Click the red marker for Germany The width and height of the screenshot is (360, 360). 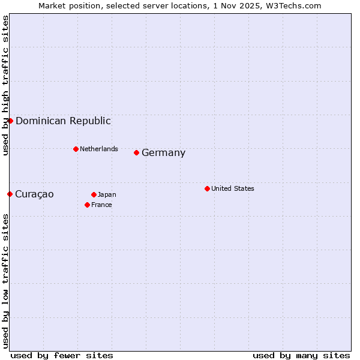pyautogui.click(x=136, y=152)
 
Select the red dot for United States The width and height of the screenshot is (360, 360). pyautogui.click(x=207, y=188)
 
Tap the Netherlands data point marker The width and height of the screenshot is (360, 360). pyautogui.click(x=76, y=149)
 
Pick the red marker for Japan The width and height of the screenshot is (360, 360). pyautogui.click(x=94, y=194)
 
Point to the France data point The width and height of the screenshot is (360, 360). pyautogui.click(x=87, y=205)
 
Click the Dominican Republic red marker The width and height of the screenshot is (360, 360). pyautogui.click(x=10, y=121)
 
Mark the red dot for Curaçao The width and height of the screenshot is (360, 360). pyautogui.click(x=10, y=194)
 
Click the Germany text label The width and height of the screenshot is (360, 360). pyautogui.click(x=163, y=153)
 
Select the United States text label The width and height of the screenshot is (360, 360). pyautogui.click(x=233, y=188)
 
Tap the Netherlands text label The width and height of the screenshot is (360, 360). pyautogui.click(x=99, y=149)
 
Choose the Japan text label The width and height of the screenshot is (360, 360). pyautogui.click(x=107, y=194)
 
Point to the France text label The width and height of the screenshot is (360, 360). pyautogui.click(x=101, y=205)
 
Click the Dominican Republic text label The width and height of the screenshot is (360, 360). pyautogui.click(x=63, y=121)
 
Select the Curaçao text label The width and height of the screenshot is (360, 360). pyautogui.click(x=34, y=194)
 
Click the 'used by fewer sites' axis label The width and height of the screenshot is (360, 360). pyautogui.click(x=62, y=355)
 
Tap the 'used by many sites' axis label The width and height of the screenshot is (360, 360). pyautogui.click(x=301, y=355)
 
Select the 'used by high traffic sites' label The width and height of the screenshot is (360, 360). pyautogui.click(x=5, y=85)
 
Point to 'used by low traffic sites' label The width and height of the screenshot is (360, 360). pyautogui.click(x=5, y=280)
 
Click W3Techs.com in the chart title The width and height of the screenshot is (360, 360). pyautogui.click(x=294, y=5)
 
